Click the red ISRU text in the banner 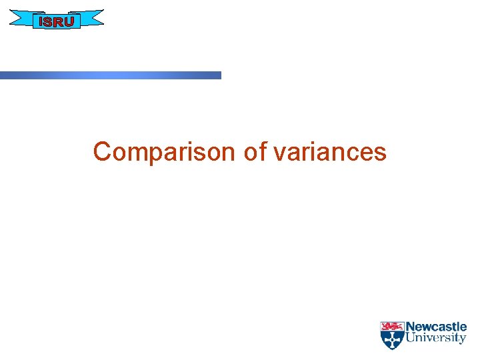click(x=57, y=21)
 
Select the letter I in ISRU click(x=41, y=21)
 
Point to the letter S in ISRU click(x=48, y=21)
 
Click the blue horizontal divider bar click(x=110, y=75)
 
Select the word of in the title click(x=255, y=152)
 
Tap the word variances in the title click(x=329, y=152)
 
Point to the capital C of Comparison click(x=101, y=152)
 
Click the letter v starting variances click(x=279, y=153)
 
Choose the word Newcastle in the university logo click(x=436, y=327)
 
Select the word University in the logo click(x=436, y=339)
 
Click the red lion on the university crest click(x=391, y=327)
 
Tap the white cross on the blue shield click(x=391, y=339)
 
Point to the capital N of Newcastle click(x=411, y=327)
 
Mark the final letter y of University click(x=463, y=340)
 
